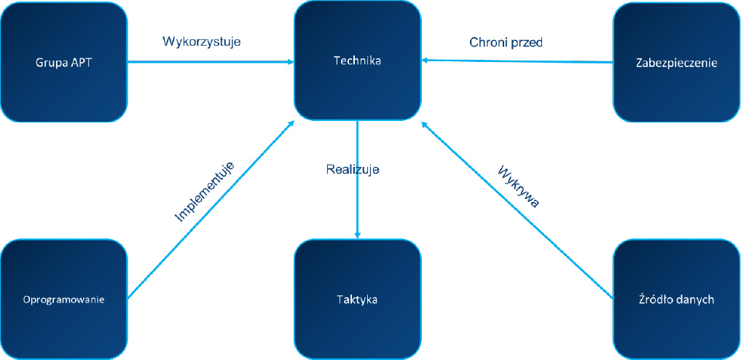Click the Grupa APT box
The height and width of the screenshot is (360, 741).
(x=64, y=62)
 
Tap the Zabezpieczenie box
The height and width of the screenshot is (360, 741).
(x=676, y=63)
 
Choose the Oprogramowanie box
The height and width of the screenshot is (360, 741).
(x=64, y=299)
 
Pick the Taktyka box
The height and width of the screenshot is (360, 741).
(x=357, y=299)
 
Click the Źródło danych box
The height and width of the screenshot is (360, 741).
(x=676, y=299)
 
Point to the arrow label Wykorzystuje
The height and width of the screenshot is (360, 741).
(x=201, y=42)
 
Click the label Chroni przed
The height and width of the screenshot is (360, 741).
(x=506, y=42)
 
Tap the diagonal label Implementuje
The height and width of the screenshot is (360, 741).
(x=205, y=191)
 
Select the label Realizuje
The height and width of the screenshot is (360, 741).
(x=353, y=169)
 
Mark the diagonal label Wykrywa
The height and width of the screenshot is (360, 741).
(x=519, y=187)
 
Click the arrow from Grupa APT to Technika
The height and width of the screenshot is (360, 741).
(x=211, y=62)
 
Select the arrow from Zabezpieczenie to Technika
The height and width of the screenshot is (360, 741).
(x=517, y=61)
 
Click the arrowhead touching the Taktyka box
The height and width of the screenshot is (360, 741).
(x=357, y=234)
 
